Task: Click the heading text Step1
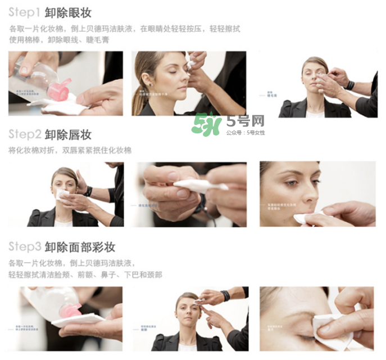[24, 12]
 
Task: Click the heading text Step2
[24, 135]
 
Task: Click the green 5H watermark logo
[206, 124]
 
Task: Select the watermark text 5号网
[245, 120]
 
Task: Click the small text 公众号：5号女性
[245, 133]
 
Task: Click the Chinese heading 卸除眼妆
[68, 12]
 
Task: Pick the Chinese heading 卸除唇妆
[68, 135]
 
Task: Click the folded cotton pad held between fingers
[199, 185]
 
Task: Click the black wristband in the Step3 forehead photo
[225, 295]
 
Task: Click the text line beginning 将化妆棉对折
[70, 150]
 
